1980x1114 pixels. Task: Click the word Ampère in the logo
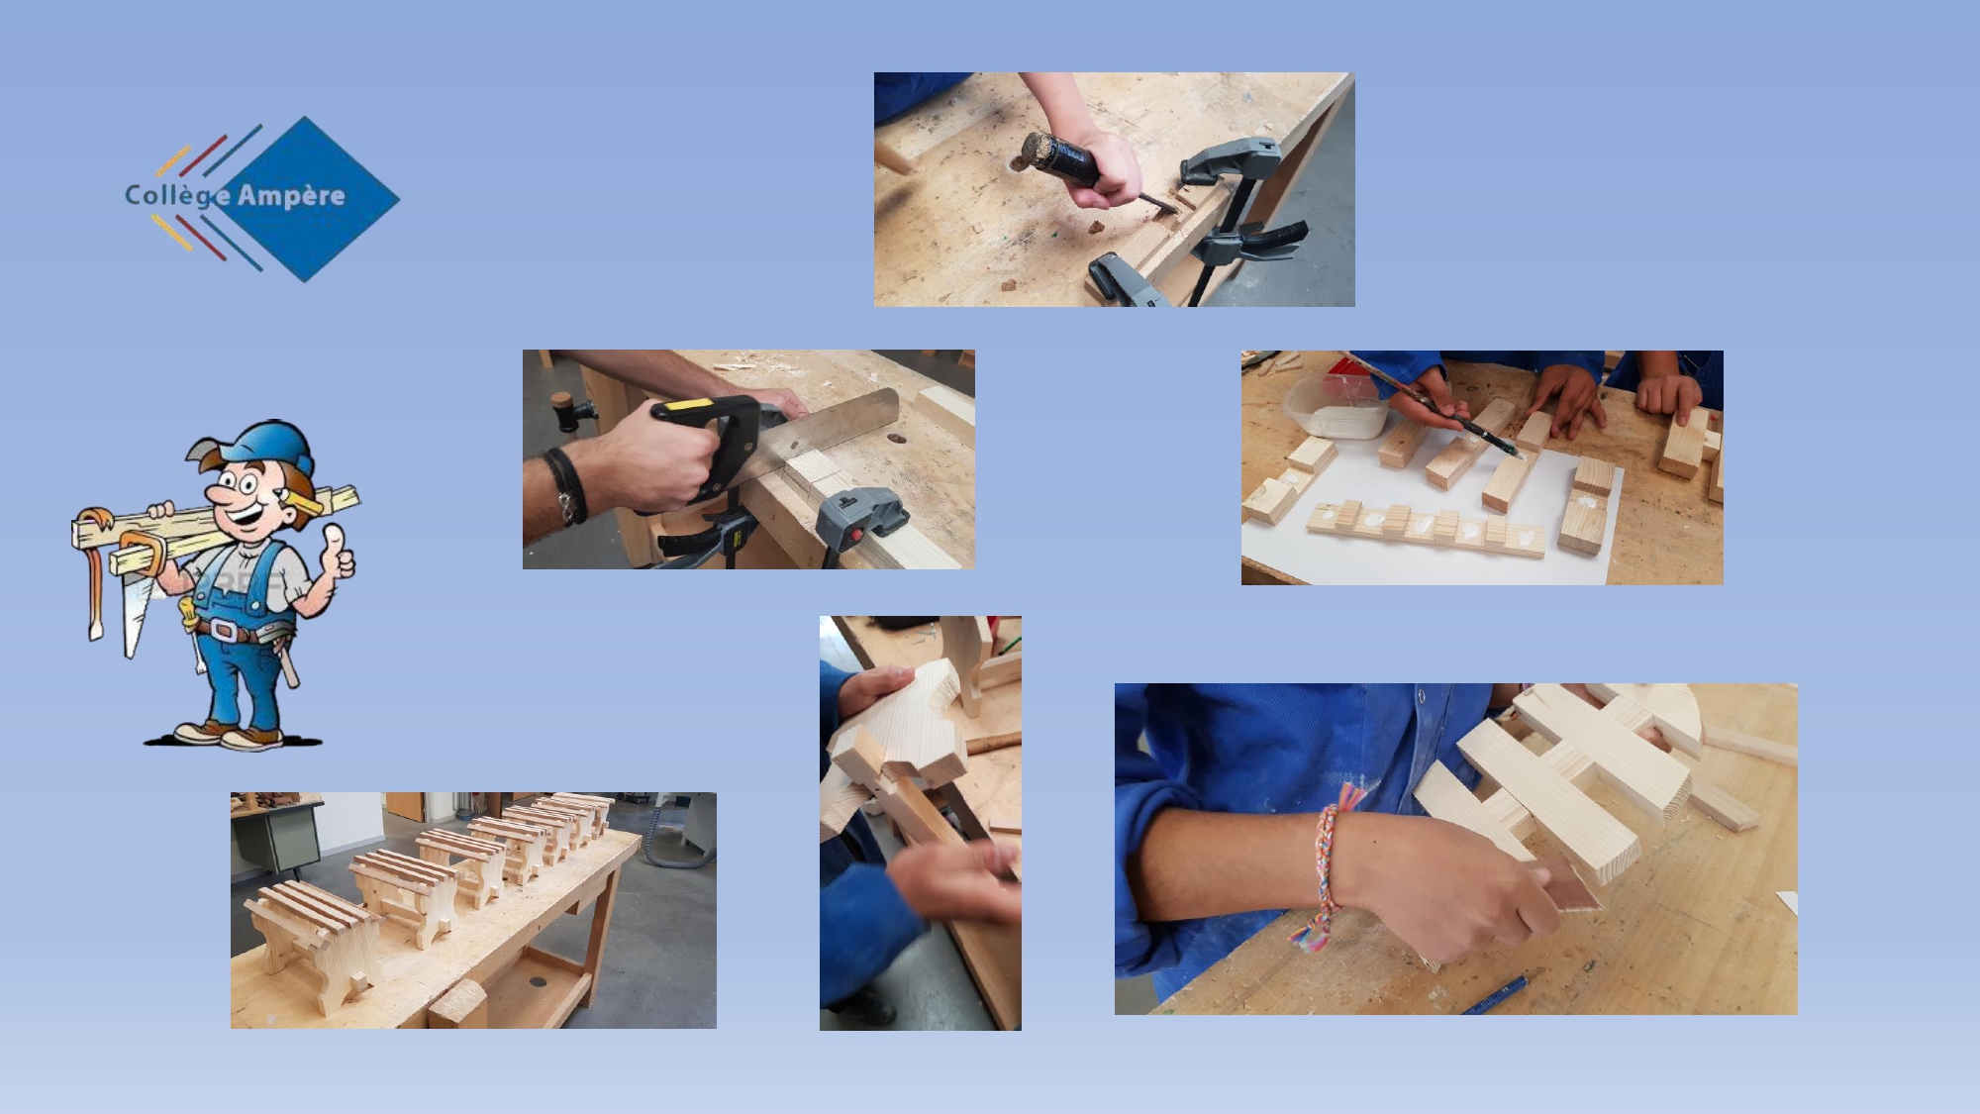tap(291, 195)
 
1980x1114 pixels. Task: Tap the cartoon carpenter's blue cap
tap(265, 446)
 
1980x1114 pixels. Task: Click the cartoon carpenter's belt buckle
tap(225, 631)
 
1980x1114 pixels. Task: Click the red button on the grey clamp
tap(853, 538)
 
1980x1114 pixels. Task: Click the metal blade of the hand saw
tap(832, 421)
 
